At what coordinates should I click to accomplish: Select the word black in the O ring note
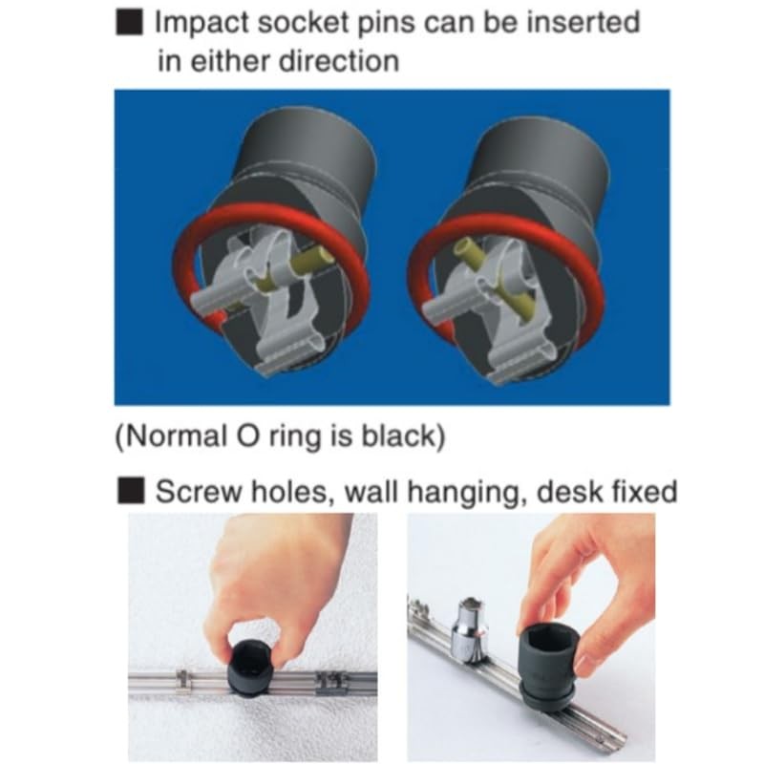click(398, 437)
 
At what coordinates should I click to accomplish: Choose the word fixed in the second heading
click(642, 492)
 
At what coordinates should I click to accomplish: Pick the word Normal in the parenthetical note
click(168, 436)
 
